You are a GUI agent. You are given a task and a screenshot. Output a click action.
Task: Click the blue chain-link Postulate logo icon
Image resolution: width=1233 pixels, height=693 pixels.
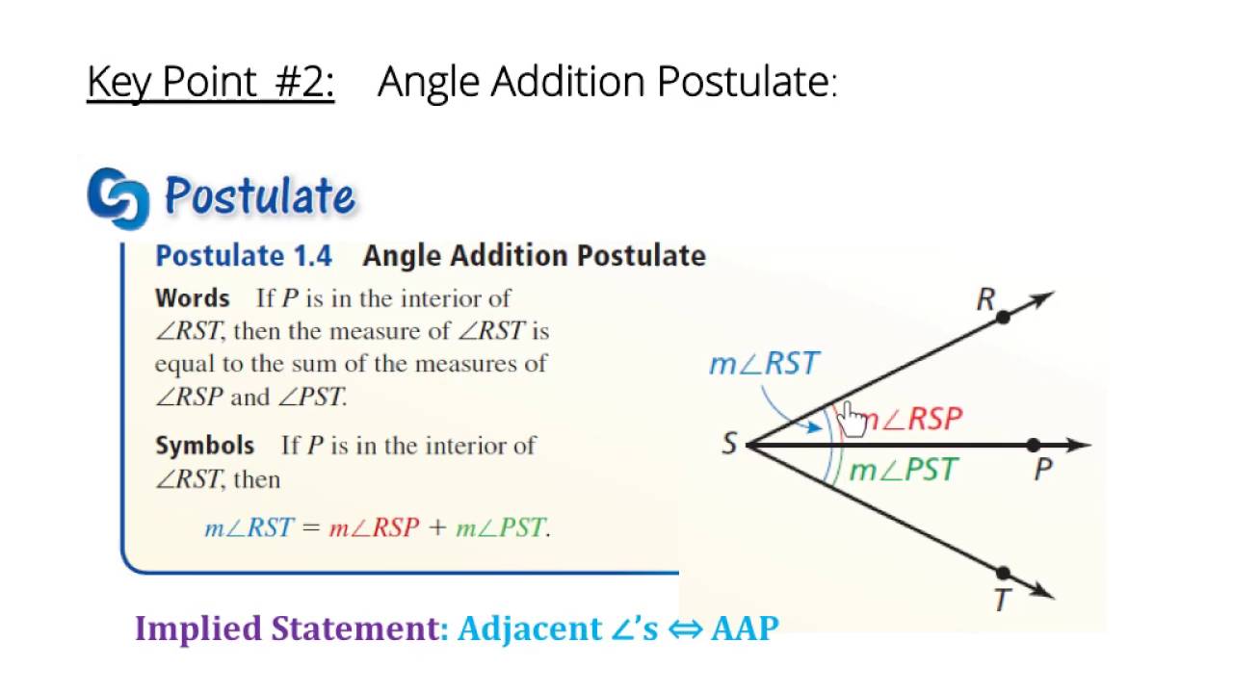point(118,198)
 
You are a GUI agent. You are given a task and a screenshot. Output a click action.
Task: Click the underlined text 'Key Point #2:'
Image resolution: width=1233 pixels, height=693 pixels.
point(210,83)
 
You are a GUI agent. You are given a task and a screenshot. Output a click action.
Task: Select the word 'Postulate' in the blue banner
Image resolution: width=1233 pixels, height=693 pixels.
point(260,196)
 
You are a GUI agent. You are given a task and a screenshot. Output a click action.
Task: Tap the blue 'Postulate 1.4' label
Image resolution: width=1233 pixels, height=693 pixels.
point(244,256)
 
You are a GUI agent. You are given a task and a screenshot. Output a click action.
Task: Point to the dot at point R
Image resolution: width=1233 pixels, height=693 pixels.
point(1003,317)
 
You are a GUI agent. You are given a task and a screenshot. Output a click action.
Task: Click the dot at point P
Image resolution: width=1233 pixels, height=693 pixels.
point(1034,445)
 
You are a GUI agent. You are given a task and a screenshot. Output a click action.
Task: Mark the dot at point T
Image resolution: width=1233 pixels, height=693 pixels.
point(1003,574)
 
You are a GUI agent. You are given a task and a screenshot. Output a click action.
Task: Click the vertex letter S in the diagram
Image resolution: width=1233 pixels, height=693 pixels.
point(729,445)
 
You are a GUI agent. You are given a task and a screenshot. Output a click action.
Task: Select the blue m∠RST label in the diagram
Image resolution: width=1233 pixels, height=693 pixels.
point(764,364)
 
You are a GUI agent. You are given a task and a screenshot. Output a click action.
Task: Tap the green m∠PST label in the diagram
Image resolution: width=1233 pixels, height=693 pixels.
point(904,470)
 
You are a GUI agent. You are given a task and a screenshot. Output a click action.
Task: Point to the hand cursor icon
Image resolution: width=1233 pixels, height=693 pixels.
point(853,420)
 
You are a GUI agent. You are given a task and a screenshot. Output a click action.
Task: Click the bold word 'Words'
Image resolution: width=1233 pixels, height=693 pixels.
point(193,298)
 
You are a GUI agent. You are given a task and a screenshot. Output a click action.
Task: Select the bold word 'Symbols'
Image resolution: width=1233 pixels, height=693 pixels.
point(205,446)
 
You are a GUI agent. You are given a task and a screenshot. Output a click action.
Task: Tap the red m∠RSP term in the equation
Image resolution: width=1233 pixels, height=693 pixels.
point(375,528)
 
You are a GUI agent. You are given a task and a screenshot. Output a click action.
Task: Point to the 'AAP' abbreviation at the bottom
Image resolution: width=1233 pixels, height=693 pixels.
point(745,629)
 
